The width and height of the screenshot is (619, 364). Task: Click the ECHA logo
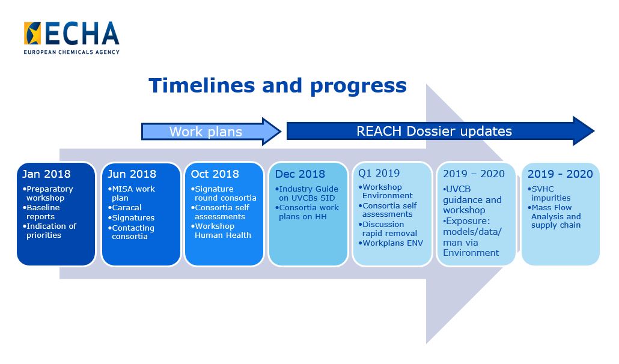(72, 37)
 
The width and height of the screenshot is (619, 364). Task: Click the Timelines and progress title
(278, 85)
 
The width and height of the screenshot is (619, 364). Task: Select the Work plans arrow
(211, 132)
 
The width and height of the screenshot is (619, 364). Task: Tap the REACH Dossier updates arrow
(440, 131)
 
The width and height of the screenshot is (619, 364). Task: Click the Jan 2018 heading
(46, 174)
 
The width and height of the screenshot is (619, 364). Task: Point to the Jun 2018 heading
(132, 174)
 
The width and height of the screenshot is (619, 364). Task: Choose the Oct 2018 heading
(215, 174)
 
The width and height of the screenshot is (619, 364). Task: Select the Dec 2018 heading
(300, 174)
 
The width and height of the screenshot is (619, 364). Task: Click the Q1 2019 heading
(379, 173)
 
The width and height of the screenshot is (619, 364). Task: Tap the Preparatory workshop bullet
(47, 193)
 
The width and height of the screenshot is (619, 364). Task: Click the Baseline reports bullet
(41, 212)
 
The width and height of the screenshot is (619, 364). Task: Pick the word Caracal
(127, 207)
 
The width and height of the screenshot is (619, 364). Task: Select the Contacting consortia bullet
(131, 232)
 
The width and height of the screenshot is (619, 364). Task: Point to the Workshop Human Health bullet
(221, 231)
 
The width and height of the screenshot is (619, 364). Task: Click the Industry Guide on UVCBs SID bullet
(306, 193)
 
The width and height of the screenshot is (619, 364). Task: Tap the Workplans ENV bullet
(391, 243)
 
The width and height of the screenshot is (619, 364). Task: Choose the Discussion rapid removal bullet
(388, 229)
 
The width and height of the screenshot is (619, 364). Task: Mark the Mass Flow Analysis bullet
(554, 216)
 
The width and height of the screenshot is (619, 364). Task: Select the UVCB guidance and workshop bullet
(472, 199)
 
